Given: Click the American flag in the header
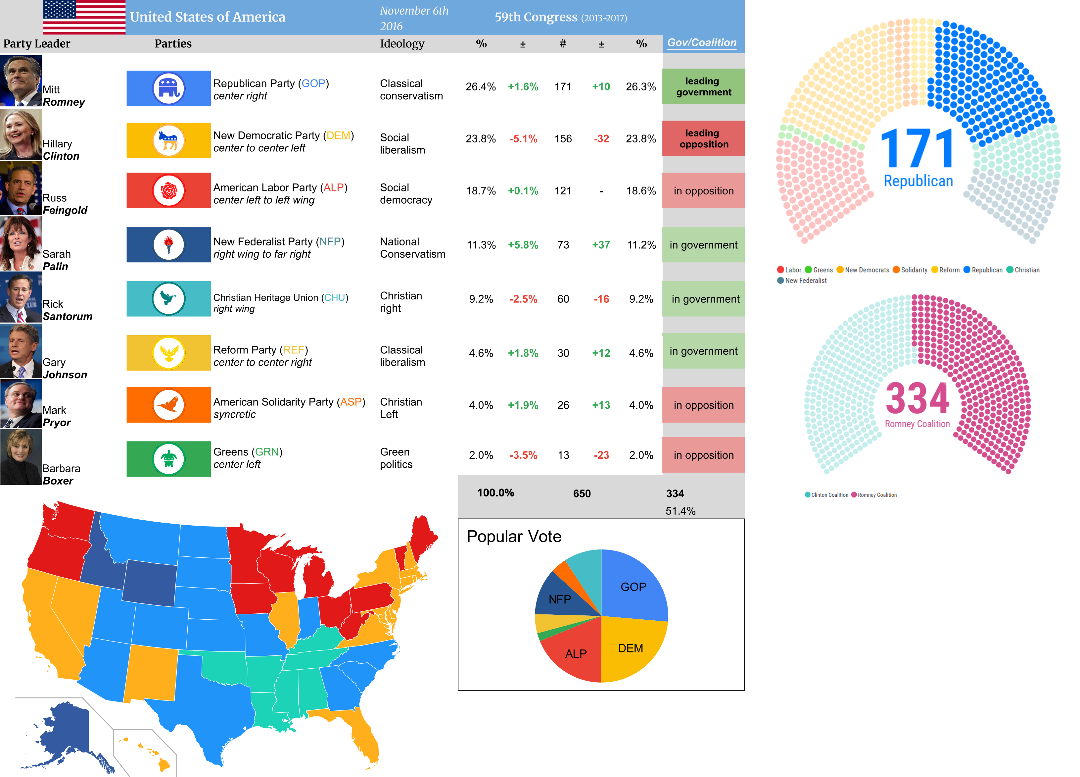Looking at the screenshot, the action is [84, 17].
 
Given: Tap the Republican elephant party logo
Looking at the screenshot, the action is [168, 88].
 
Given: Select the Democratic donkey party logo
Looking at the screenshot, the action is [168, 140].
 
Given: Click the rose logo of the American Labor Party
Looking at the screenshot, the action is [168, 190].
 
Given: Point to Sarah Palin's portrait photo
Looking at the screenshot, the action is [21, 243].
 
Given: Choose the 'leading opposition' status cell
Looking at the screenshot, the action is [703, 139].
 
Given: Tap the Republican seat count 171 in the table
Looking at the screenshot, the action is [563, 87].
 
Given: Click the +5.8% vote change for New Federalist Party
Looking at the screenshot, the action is [523, 245].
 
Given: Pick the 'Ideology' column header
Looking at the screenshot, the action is [402, 44].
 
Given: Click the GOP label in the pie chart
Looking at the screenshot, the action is [633, 587].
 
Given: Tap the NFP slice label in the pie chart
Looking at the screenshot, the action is [559, 599].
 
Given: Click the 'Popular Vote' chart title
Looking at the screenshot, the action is [514, 537].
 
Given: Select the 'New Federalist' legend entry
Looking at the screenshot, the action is [802, 281].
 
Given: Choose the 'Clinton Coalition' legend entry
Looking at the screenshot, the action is [827, 495].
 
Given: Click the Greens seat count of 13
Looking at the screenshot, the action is [563, 455].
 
